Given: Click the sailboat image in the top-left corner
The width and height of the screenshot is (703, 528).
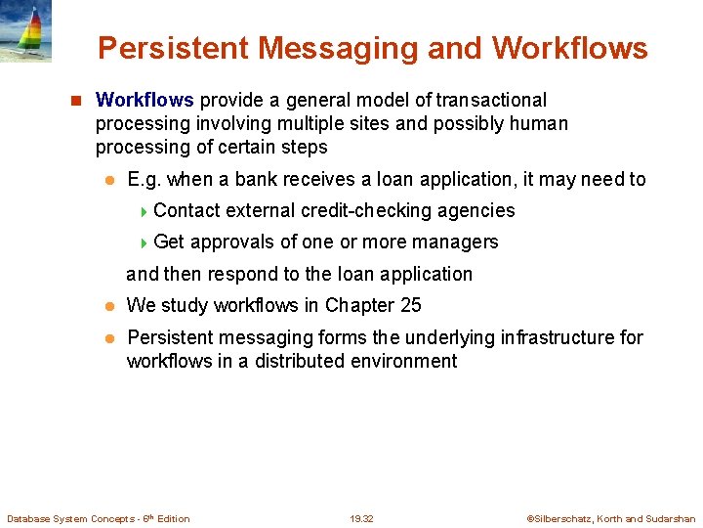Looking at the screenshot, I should point(25,31).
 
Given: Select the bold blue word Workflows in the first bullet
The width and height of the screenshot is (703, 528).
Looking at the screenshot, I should point(145,100).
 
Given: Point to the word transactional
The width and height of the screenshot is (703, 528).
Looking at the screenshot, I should point(491,100).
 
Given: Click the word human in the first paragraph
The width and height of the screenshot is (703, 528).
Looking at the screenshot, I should point(541,123).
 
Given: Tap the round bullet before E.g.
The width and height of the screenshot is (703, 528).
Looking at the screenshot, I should point(110,180).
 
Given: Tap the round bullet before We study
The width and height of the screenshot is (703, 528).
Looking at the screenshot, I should point(110,306).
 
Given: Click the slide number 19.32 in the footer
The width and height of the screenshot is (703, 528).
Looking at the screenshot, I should point(361,518).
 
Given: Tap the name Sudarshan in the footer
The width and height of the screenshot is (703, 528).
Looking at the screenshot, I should point(671,518).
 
